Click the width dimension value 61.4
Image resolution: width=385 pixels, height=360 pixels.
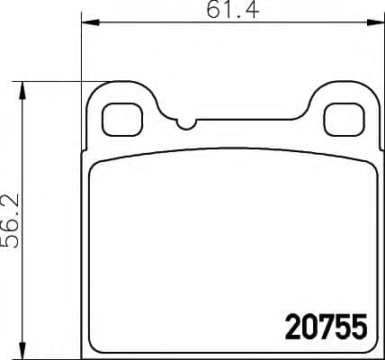(x=228, y=12)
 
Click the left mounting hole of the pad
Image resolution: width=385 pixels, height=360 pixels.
(x=118, y=116)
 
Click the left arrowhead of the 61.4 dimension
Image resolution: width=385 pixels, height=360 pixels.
(x=88, y=25)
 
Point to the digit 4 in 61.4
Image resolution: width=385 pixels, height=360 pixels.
(x=246, y=12)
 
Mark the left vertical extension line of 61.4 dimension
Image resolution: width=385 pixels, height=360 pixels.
(x=82, y=54)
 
